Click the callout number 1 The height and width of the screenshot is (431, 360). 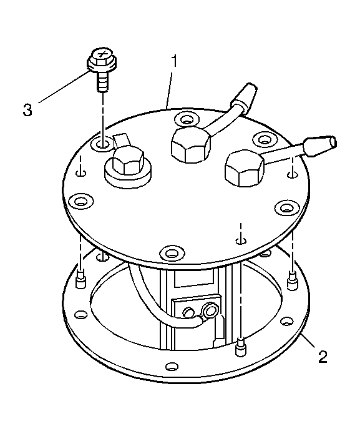(x=174, y=61)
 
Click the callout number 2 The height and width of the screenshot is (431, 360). (x=323, y=357)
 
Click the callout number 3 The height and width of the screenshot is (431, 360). (x=27, y=110)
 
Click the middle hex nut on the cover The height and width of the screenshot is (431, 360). (x=191, y=145)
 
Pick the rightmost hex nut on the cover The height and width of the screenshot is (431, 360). (x=244, y=168)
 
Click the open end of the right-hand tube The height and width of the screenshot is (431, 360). (x=333, y=142)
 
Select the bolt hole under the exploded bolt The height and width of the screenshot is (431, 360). (x=101, y=143)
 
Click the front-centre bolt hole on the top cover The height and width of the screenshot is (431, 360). (x=172, y=252)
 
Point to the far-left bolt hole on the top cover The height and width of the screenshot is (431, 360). (x=80, y=201)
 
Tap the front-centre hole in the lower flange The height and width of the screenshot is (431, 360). (x=172, y=367)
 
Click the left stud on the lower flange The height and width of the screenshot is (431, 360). (x=80, y=280)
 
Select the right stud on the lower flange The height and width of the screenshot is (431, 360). (x=291, y=280)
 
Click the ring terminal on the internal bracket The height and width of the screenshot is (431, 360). (x=210, y=312)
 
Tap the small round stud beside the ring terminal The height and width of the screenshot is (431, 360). (x=189, y=312)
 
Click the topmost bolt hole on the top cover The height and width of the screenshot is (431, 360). (x=187, y=120)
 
